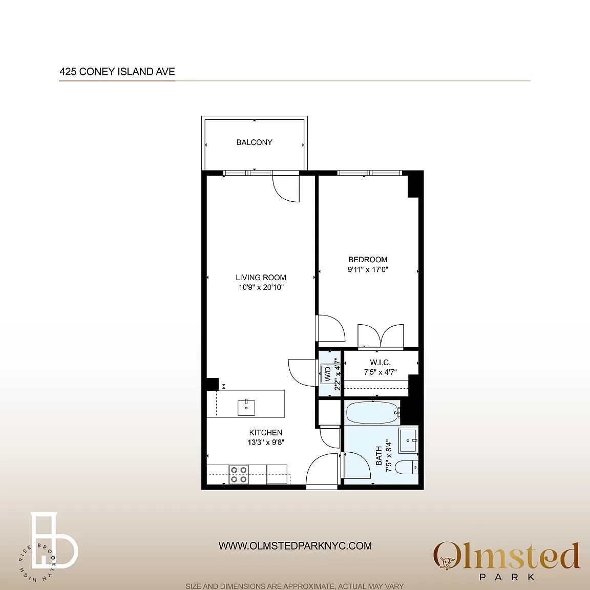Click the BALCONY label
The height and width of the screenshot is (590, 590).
tap(255, 142)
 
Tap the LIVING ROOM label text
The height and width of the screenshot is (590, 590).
tap(261, 277)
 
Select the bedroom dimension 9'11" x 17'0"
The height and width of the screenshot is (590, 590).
tap(368, 269)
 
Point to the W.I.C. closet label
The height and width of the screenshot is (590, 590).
tap(380, 363)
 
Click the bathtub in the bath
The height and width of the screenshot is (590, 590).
tap(373, 413)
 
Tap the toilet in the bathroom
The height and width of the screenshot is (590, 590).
tap(407, 467)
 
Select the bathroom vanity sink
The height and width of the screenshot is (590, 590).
tap(408, 440)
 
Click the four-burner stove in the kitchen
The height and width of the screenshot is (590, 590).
tap(239, 474)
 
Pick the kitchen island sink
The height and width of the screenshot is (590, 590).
tap(246, 408)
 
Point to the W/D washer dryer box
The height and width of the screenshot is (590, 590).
tap(327, 374)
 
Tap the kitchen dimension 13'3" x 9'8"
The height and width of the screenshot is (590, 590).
tap(266, 442)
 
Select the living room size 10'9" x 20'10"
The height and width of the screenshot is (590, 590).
tap(261, 287)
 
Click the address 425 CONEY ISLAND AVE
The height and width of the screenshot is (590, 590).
tap(117, 72)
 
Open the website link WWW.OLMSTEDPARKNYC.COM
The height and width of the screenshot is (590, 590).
tap(295, 545)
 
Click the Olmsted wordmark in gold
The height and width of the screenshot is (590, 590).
tap(507, 556)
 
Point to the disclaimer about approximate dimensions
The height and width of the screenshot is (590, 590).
tap(294, 586)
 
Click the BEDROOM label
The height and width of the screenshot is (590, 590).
tap(368, 260)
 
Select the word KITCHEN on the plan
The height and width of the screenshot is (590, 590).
tap(266, 433)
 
